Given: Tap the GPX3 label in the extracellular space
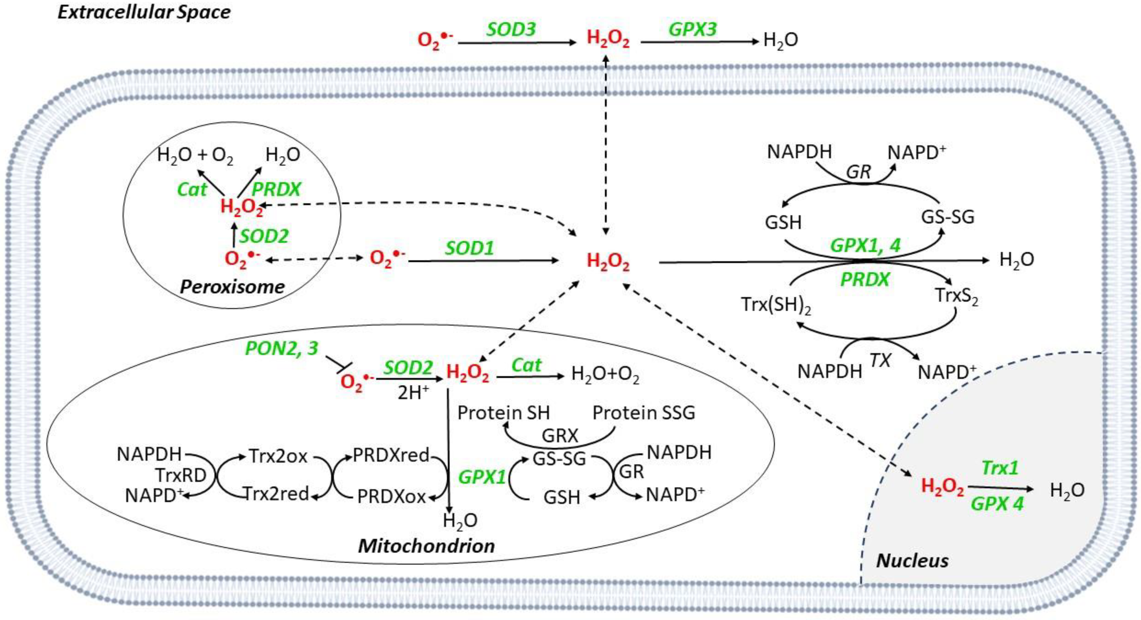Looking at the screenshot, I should point(692,29).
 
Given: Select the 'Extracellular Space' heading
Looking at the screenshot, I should point(144,12).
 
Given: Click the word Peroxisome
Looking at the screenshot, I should point(232,287).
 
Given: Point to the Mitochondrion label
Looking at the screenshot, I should point(426,546).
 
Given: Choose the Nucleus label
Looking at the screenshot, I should point(913,561).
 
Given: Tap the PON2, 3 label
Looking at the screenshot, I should point(282,348).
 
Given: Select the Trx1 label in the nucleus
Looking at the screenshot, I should point(1000,468).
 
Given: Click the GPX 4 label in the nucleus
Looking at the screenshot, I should point(997,504).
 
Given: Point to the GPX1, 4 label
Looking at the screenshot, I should point(865,245).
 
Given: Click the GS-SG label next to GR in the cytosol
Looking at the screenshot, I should point(948,217).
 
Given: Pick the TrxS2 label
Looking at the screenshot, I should point(956,296).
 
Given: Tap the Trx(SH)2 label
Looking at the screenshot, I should point(776,305).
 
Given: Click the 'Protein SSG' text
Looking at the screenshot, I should point(644,412).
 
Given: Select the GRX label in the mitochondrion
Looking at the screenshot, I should point(560,436).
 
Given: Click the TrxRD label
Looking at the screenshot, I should point(181,475).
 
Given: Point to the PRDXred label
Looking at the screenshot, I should point(391,455).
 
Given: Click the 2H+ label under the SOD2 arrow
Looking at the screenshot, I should point(413,393).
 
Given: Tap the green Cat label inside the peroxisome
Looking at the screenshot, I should point(191,189).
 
